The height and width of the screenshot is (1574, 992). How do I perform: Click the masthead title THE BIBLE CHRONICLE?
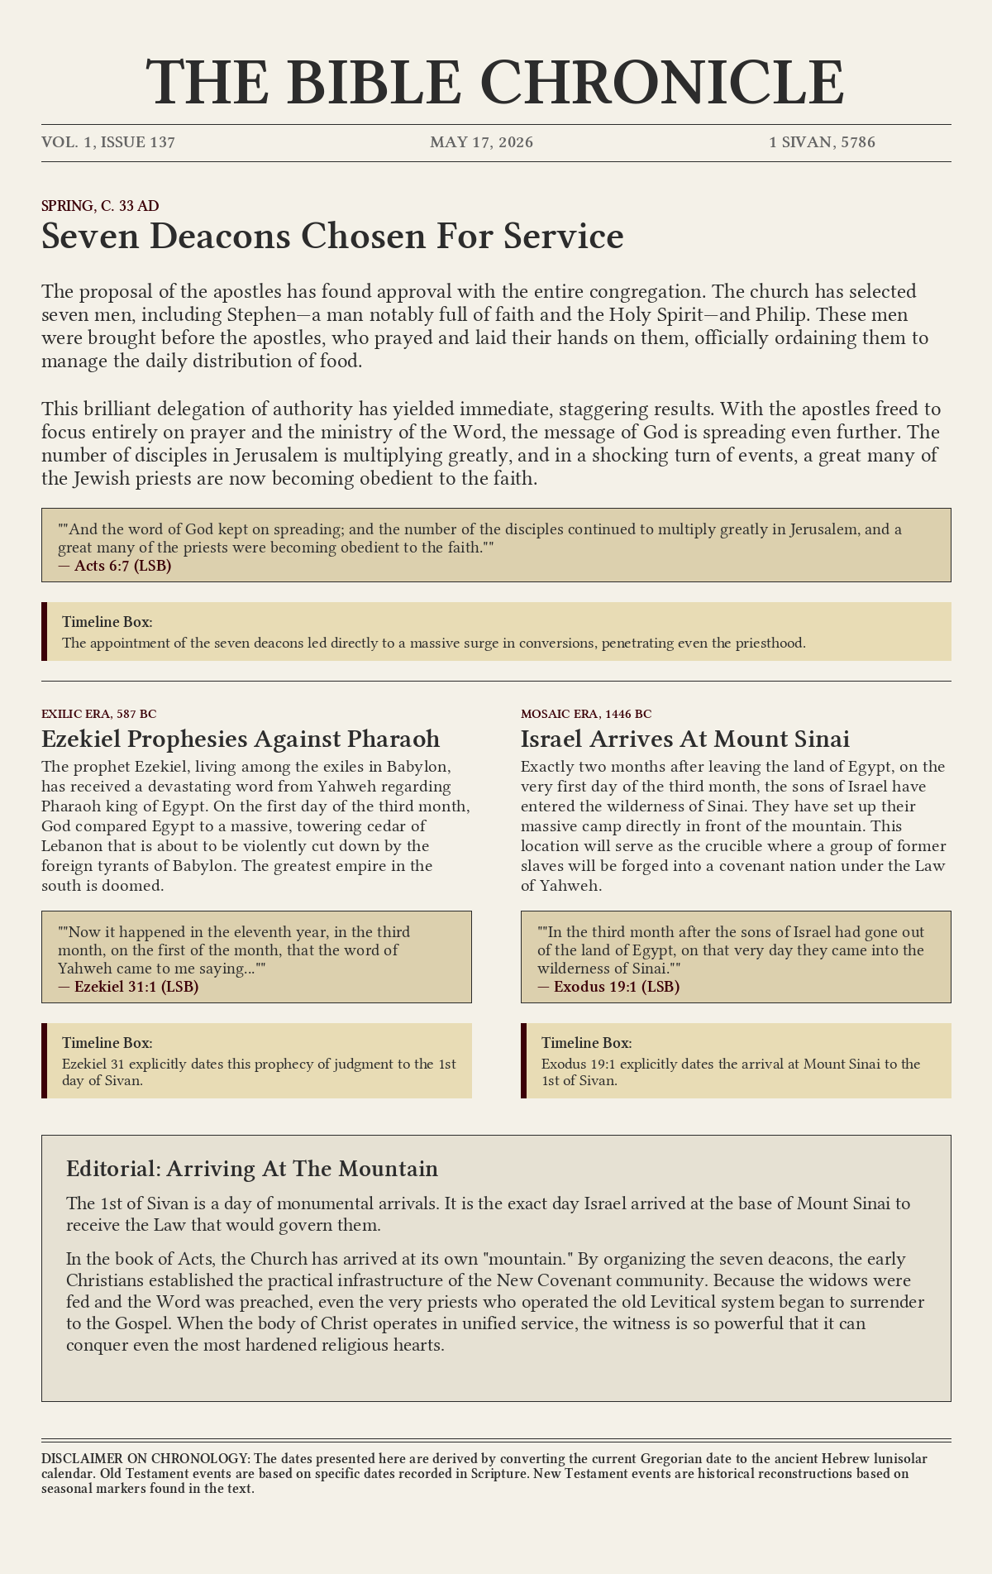click(496, 82)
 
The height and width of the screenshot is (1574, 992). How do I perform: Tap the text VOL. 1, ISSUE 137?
click(108, 142)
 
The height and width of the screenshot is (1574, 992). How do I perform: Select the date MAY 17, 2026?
click(481, 142)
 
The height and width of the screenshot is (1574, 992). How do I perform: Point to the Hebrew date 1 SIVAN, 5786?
click(822, 142)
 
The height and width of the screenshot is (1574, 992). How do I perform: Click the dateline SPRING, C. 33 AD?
click(100, 206)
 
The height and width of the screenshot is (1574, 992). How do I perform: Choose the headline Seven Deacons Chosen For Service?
click(332, 237)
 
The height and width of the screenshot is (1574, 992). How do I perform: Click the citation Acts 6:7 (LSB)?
click(122, 567)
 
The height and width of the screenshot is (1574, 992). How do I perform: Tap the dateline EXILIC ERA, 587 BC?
click(99, 714)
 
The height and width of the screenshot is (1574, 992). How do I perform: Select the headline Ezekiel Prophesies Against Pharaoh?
click(241, 739)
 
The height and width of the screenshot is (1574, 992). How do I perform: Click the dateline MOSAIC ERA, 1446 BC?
click(586, 714)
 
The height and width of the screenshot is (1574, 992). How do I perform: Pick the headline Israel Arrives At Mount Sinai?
click(685, 739)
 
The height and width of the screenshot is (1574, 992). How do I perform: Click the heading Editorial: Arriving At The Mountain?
click(252, 1169)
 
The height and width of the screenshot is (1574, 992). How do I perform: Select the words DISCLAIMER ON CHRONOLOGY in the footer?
click(145, 1458)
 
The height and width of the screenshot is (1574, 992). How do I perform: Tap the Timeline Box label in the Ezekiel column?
click(107, 1043)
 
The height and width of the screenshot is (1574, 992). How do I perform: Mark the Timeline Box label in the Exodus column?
click(587, 1043)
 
